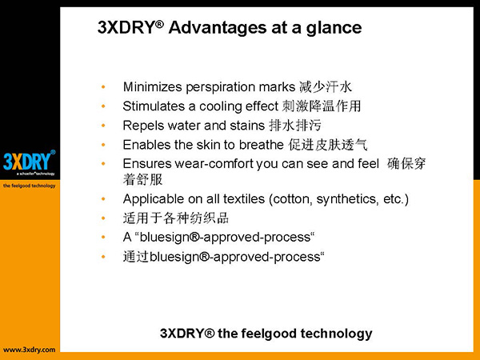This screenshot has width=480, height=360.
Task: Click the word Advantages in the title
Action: click(218, 28)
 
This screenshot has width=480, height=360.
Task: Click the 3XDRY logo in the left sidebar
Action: click(30, 161)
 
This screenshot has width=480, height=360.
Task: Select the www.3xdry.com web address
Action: click(30, 350)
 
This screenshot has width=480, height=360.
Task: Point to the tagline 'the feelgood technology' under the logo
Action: click(30, 186)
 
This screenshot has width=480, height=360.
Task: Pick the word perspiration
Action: click(221, 87)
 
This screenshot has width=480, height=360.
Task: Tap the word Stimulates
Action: click(154, 106)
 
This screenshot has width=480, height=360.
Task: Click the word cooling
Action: click(221, 107)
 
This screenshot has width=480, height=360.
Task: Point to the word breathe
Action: click(262, 145)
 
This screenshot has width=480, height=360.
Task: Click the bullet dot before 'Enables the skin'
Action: click(103, 145)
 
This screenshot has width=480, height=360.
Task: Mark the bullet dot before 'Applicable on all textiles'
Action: click(103, 199)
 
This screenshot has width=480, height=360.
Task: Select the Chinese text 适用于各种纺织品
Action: click(176, 218)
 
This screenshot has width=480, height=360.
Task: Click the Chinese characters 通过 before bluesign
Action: click(136, 256)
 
